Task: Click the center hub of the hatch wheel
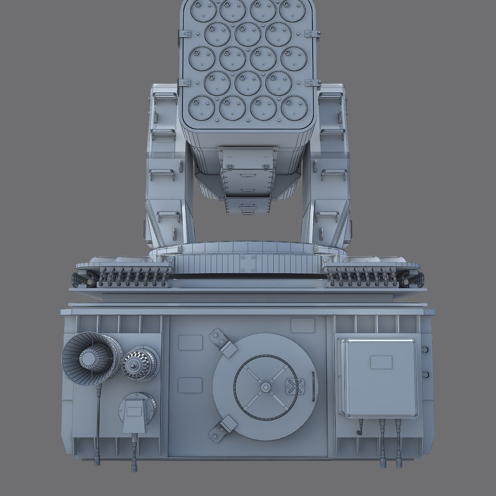265,387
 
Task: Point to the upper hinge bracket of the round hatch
223,343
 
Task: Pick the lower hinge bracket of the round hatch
222,428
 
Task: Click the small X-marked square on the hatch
294,386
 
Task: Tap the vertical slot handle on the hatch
314,387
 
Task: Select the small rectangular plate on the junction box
381,362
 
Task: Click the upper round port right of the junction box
425,350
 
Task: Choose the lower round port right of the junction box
425,373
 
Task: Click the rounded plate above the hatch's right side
303,325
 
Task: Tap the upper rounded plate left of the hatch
190,343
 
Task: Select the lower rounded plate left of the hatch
190,385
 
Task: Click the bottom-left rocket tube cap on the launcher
201,108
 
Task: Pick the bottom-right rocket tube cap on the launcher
294,108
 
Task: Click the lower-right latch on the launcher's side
313,83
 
